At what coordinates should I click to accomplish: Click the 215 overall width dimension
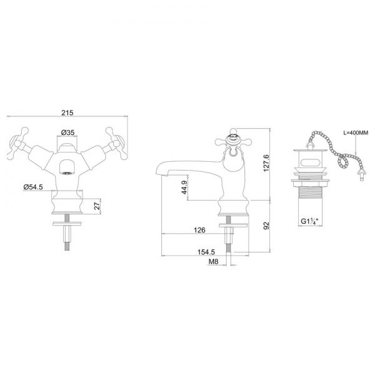coord(67,112)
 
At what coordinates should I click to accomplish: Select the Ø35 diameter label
coord(67,132)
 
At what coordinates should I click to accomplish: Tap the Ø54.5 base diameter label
coord(33,187)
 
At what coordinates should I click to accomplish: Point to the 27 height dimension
coord(97,206)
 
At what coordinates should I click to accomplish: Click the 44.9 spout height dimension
coord(184,187)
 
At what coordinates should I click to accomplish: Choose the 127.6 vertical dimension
coord(266,163)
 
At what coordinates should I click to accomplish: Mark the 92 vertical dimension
coord(266,226)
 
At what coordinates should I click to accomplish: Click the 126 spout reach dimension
coord(199,230)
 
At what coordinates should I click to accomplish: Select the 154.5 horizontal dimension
coord(206,252)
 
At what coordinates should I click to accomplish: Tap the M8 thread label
coord(214,262)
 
